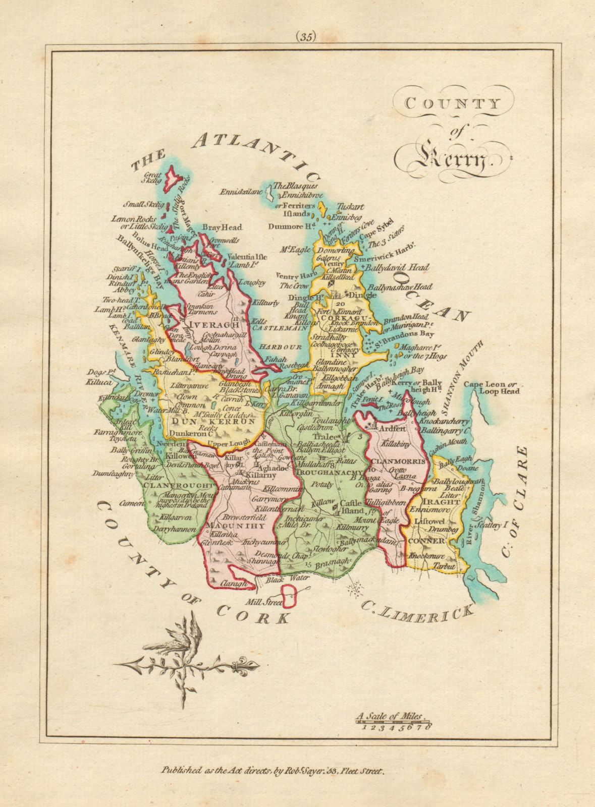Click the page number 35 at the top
coord(306,36)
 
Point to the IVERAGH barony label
coord(205,323)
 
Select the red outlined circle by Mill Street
coord(290,597)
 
